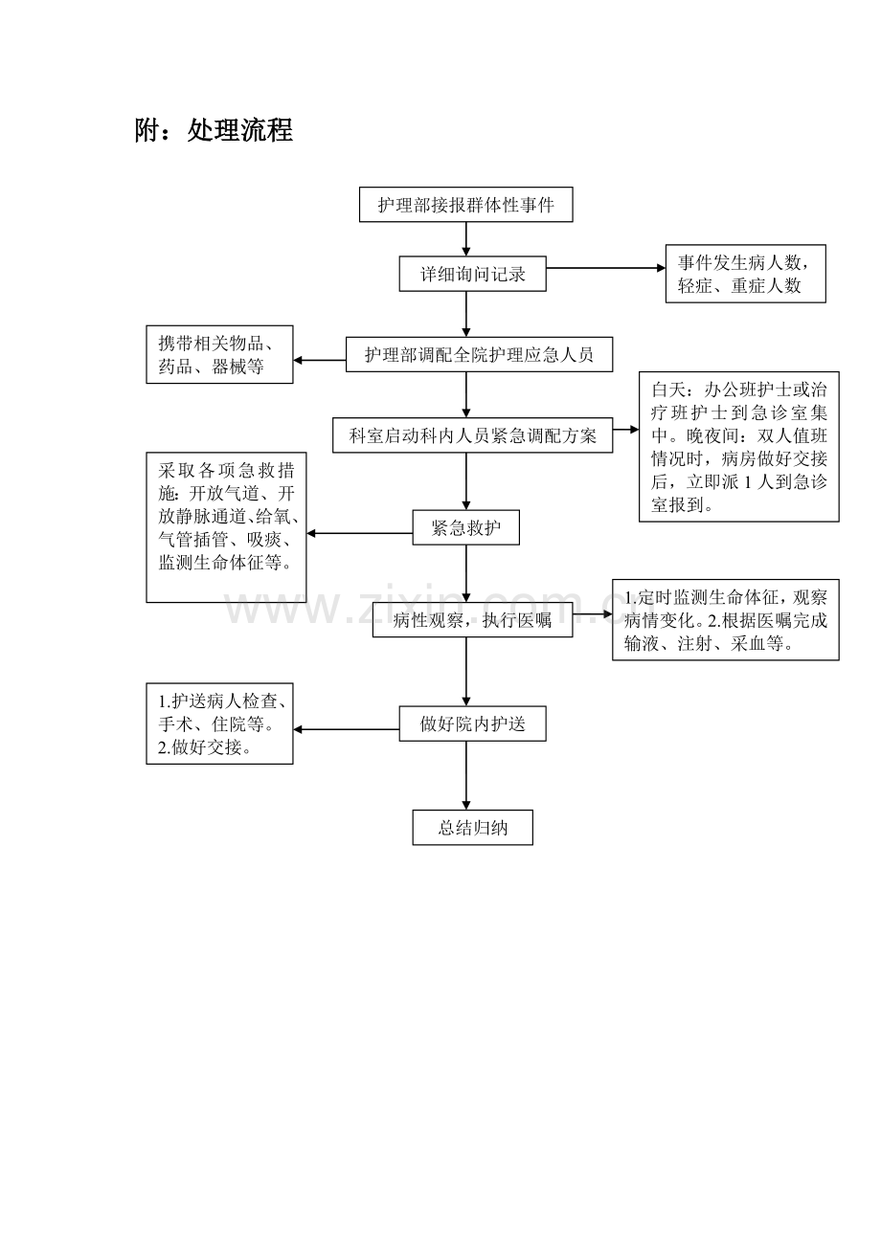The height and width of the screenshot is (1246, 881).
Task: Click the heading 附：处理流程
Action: [214, 131]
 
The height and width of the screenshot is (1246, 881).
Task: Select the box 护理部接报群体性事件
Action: [465, 205]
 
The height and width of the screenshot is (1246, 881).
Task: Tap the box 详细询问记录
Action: [473, 274]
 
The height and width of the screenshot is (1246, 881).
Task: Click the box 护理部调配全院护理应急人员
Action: [479, 355]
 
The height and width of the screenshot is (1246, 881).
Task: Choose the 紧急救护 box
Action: [465, 528]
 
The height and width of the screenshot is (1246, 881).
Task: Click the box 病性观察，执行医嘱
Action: [472, 620]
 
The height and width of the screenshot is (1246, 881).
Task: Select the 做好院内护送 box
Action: [472, 723]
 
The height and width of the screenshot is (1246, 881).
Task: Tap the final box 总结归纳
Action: [472, 828]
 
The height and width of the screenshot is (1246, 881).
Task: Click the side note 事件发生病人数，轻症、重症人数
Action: [745, 274]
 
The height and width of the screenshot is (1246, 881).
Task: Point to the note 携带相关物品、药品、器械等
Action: [219, 355]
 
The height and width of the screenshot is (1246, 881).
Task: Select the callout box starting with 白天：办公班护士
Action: [738, 447]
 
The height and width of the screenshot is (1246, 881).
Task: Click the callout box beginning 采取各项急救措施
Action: [226, 527]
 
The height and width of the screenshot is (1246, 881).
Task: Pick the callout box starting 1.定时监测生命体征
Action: [725, 620]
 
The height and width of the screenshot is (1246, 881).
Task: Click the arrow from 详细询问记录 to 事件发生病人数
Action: [605, 269]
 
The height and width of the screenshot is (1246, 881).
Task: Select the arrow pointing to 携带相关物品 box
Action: [320, 361]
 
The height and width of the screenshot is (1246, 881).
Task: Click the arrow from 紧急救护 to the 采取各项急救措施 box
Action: [360, 534]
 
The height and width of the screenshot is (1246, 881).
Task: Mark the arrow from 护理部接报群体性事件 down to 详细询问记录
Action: [466, 239]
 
